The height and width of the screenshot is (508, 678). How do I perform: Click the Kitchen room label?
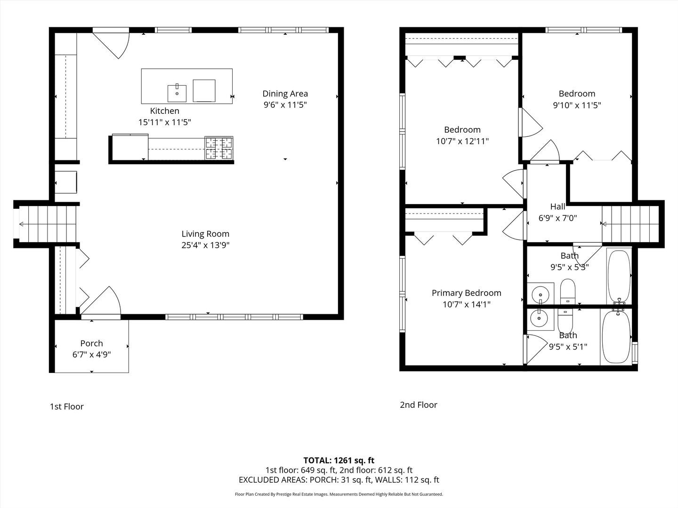[x=164, y=111]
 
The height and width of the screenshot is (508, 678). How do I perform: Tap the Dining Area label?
[x=285, y=94]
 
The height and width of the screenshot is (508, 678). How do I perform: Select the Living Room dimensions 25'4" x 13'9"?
[x=205, y=245]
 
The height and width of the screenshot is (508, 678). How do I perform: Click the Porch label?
[x=91, y=343]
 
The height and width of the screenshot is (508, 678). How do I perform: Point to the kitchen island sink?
[x=177, y=93]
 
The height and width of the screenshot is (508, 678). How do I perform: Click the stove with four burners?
[x=219, y=148]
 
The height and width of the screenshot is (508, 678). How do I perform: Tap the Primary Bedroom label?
[x=466, y=293]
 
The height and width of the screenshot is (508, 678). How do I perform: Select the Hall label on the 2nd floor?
[x=557, y=206]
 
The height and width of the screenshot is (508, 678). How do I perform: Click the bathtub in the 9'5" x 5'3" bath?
[x=619, y=276]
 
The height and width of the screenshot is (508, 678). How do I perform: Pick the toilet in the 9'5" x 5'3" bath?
[x=568, y=291]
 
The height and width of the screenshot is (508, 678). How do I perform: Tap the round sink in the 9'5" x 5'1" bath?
[x=539, y=319]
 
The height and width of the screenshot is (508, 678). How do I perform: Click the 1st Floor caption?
[x=66, y=406]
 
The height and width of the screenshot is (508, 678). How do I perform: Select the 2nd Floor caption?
[x=418, y=405]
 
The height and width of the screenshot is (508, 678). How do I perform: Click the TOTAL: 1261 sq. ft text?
[x=339, y=460]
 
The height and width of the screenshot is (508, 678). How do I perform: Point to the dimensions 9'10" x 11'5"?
[x=577, y=105]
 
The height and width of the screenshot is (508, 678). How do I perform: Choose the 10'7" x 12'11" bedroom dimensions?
[x=462, y=141]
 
